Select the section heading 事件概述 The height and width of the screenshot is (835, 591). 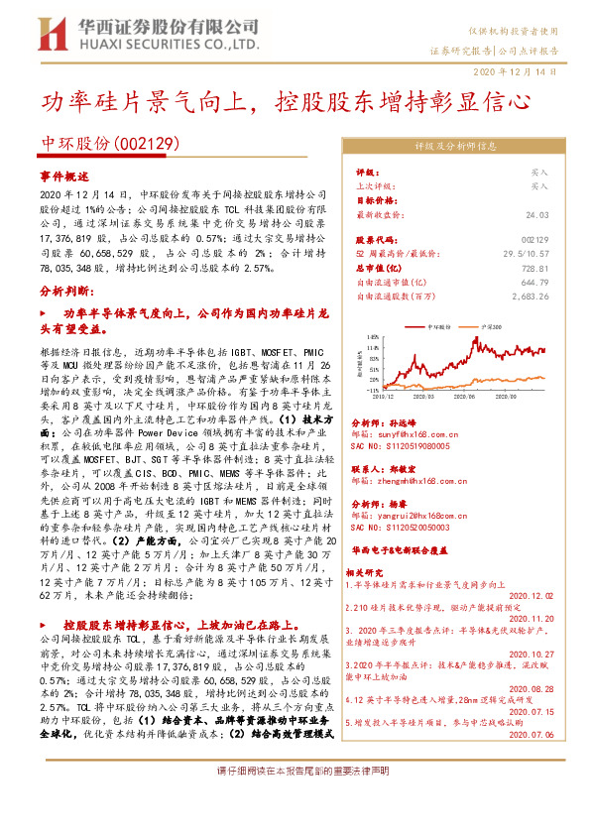click(63, 174)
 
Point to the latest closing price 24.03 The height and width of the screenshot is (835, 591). click(536, 213)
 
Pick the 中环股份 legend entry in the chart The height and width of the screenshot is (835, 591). click(436, 326)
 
